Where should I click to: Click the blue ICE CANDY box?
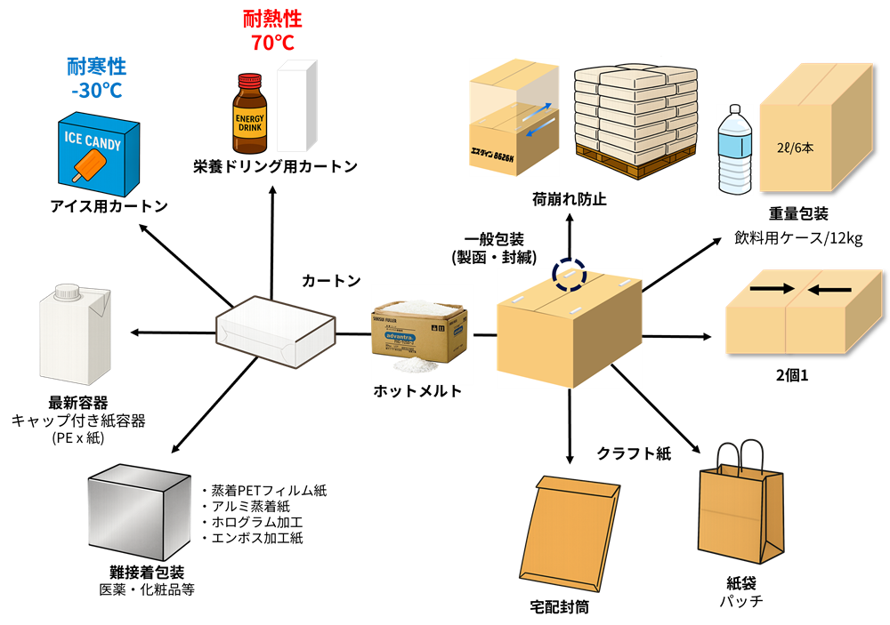(x=98, y=156)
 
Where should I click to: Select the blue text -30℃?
(x=96, y=91)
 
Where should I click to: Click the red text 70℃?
(x=272, y=43)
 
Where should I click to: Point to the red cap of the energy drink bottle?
(x=250, y=79)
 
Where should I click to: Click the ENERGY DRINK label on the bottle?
(x=250, y=123)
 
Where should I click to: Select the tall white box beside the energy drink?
(x=297, y=106)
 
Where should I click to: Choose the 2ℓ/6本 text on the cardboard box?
(x=795, y=148)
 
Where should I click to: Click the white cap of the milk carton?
(x=68, y=291)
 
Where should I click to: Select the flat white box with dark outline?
(x=276, y=329)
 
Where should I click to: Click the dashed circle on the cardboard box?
(x=569, y=276)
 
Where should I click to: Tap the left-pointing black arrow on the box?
(x=831, y=289)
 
